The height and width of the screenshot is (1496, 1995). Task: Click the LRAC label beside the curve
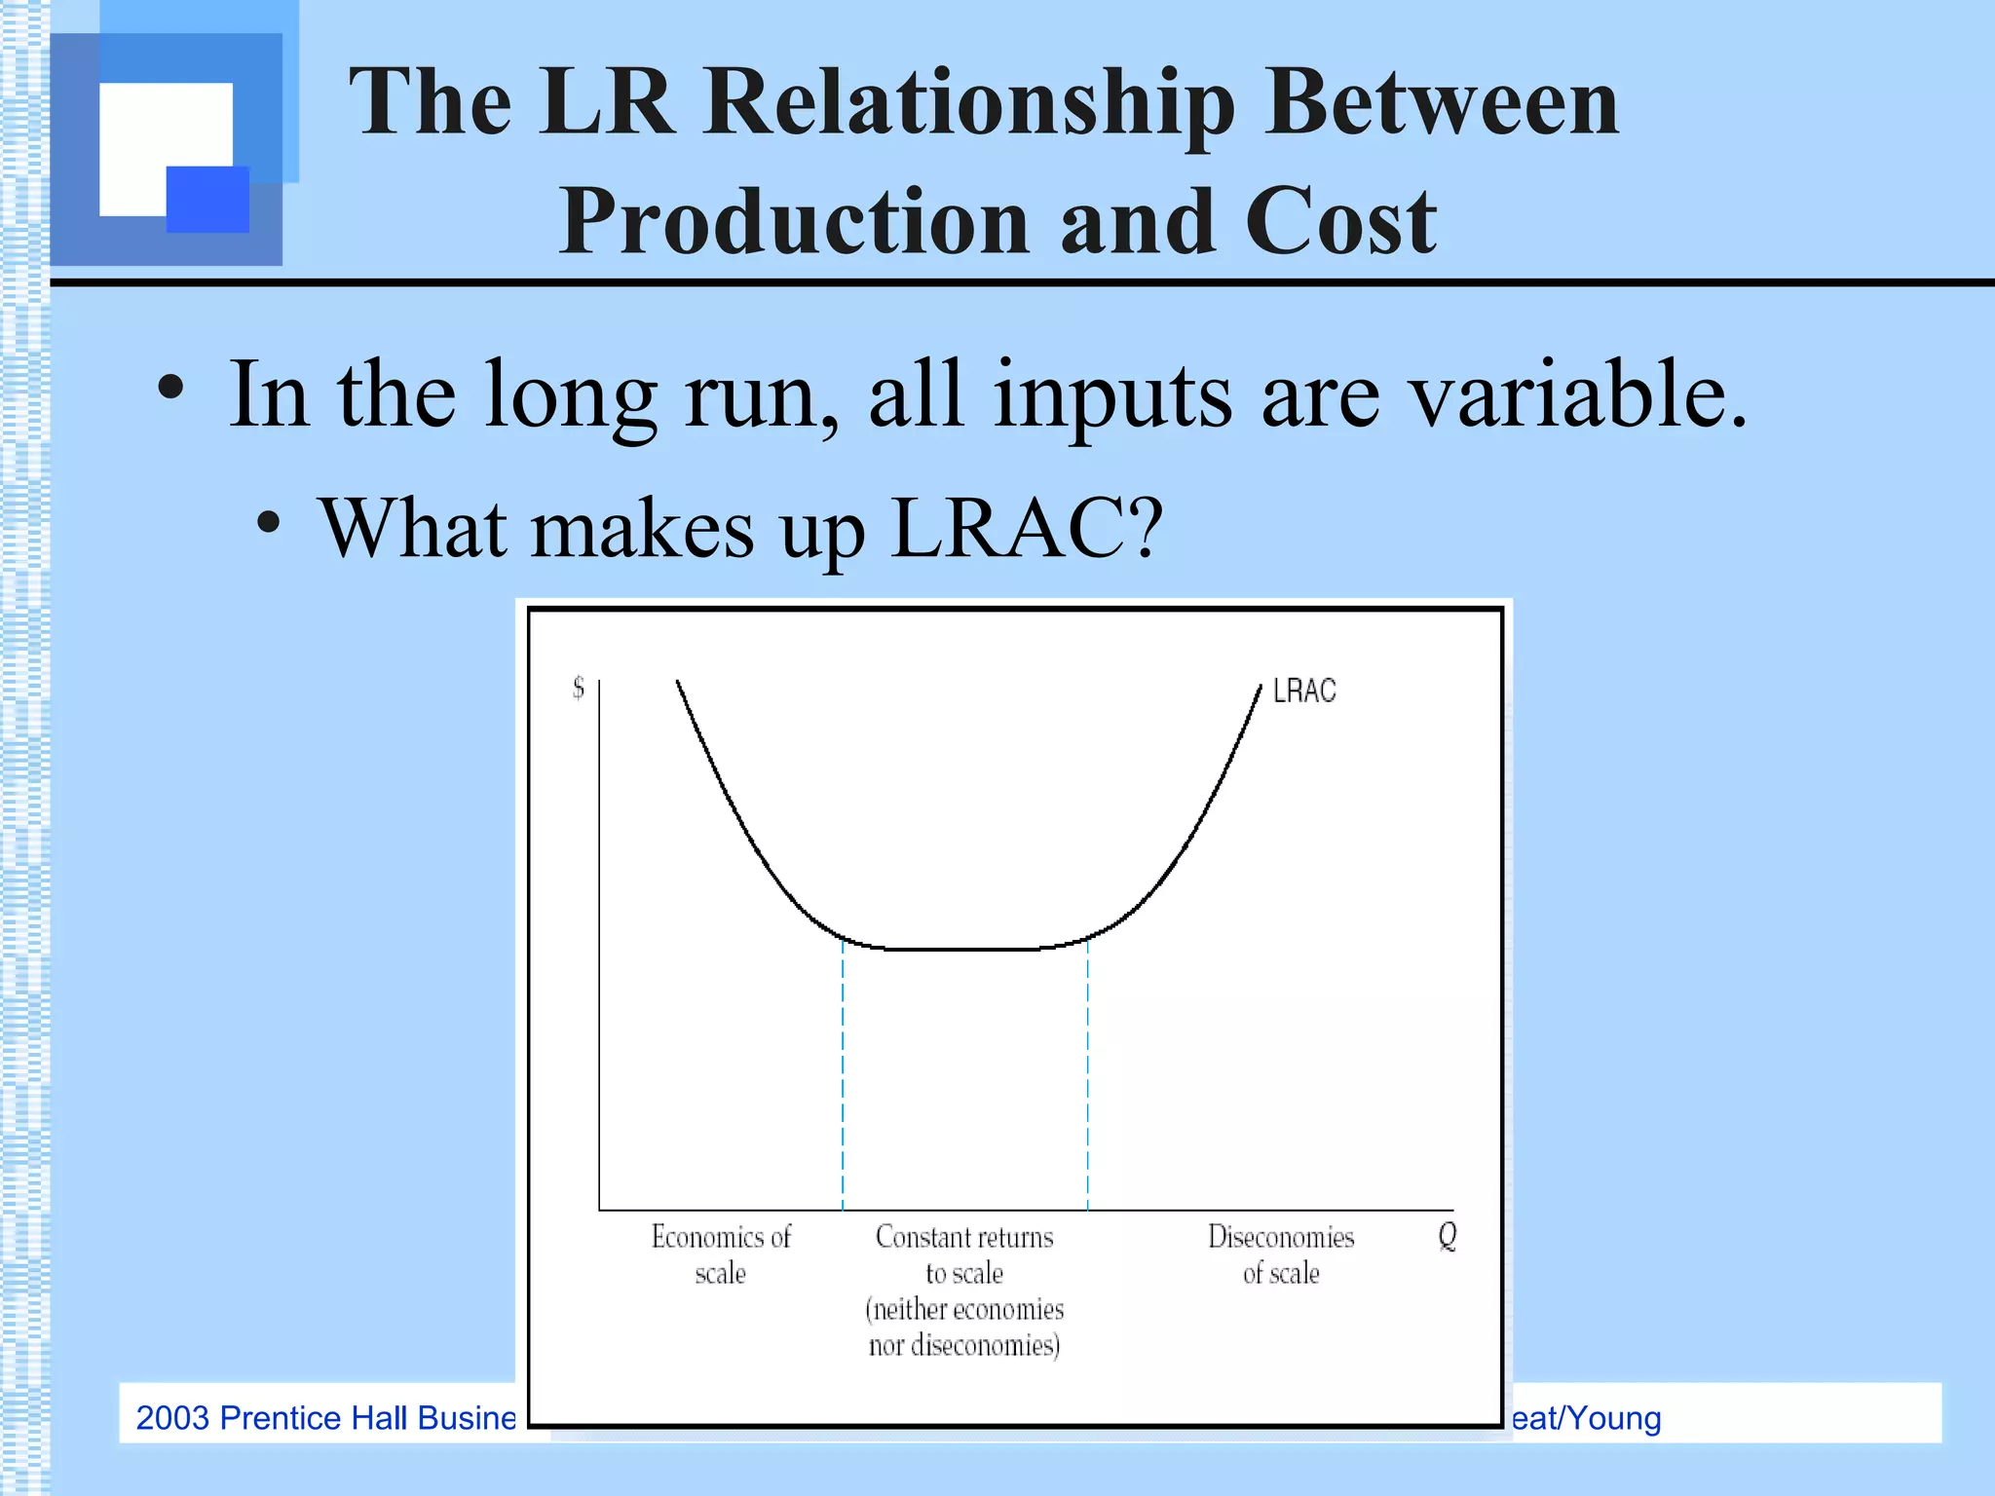(1304, 692)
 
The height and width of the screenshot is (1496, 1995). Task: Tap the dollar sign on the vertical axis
(579, 689)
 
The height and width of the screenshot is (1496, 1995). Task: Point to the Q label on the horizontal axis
(1448, 1236)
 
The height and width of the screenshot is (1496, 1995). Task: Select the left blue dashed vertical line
(843, 1071)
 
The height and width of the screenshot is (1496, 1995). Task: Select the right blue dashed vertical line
(1088, 1071)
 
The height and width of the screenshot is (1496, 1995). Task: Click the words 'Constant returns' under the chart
(964, 1237)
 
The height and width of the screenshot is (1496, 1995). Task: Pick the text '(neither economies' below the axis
(964, 1310)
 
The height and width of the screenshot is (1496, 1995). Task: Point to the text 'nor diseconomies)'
(964, 1346)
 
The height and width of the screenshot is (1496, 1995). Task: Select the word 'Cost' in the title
(1340, 221)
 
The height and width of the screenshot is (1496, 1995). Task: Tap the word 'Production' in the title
(794, 221)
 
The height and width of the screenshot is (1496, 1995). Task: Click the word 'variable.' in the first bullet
(1579, 394)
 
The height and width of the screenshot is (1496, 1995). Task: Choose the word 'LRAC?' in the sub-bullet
(1027, 528)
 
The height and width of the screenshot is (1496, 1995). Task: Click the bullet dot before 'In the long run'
(170, 389)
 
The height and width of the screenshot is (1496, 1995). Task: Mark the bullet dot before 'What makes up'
(269, 523)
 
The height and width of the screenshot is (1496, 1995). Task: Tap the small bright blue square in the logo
(207, 199)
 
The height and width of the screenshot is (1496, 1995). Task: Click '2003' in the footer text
(172, 1418)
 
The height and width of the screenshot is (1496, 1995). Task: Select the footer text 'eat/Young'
(1586, 1418)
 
